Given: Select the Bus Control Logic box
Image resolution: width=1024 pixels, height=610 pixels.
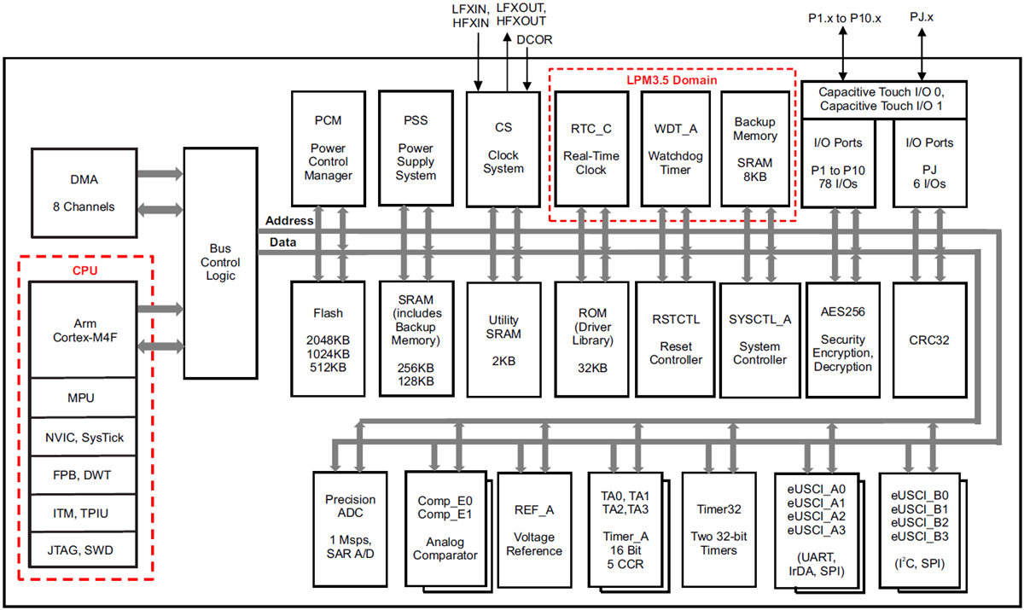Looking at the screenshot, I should tap(220, 263).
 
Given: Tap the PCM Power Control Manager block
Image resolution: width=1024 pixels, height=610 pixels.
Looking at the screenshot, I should tap(328, 147).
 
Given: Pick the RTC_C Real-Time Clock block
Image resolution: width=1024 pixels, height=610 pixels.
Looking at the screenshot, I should tap(591, 148).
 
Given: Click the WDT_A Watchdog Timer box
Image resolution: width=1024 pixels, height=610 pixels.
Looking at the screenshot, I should tap(675, 148).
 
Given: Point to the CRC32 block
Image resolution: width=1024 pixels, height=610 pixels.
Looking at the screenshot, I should tap(929, 339).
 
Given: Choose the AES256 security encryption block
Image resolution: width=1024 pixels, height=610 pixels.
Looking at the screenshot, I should tap(843, 339).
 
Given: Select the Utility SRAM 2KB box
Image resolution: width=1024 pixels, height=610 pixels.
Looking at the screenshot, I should tap(503, 339).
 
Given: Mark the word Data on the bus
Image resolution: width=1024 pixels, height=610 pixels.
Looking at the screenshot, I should tap(282, 242).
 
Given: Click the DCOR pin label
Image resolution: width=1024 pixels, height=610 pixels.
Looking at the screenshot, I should tap(534, 40).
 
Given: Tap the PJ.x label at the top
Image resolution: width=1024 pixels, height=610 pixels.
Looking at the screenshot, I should tap(922, 16).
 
